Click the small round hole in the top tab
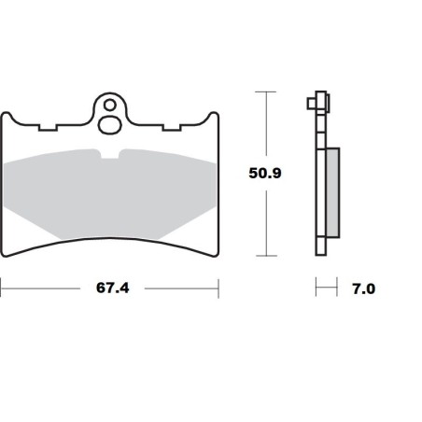coord(110,105)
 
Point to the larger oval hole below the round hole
coord(110,122)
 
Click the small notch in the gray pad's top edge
coord(110,153)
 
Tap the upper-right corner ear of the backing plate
coord(214,117)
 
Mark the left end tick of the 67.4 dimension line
coord(2,288)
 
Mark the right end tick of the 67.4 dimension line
coord(218,288)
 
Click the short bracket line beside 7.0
coord(325,288)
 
